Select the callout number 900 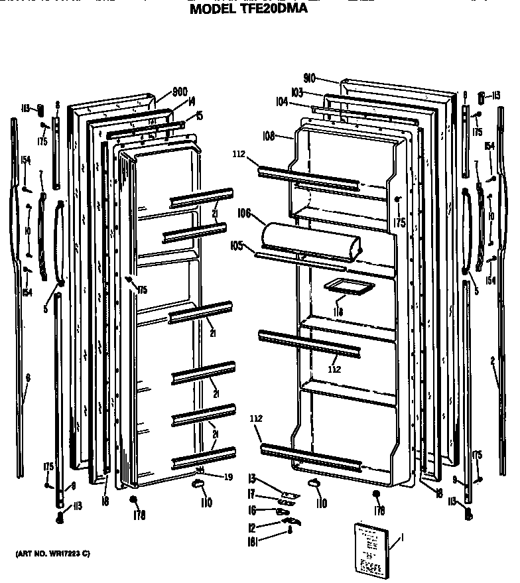tap(179, 92)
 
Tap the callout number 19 tap(228, 476)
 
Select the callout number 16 tap(252, 511)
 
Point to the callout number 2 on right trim tap(493, 361)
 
